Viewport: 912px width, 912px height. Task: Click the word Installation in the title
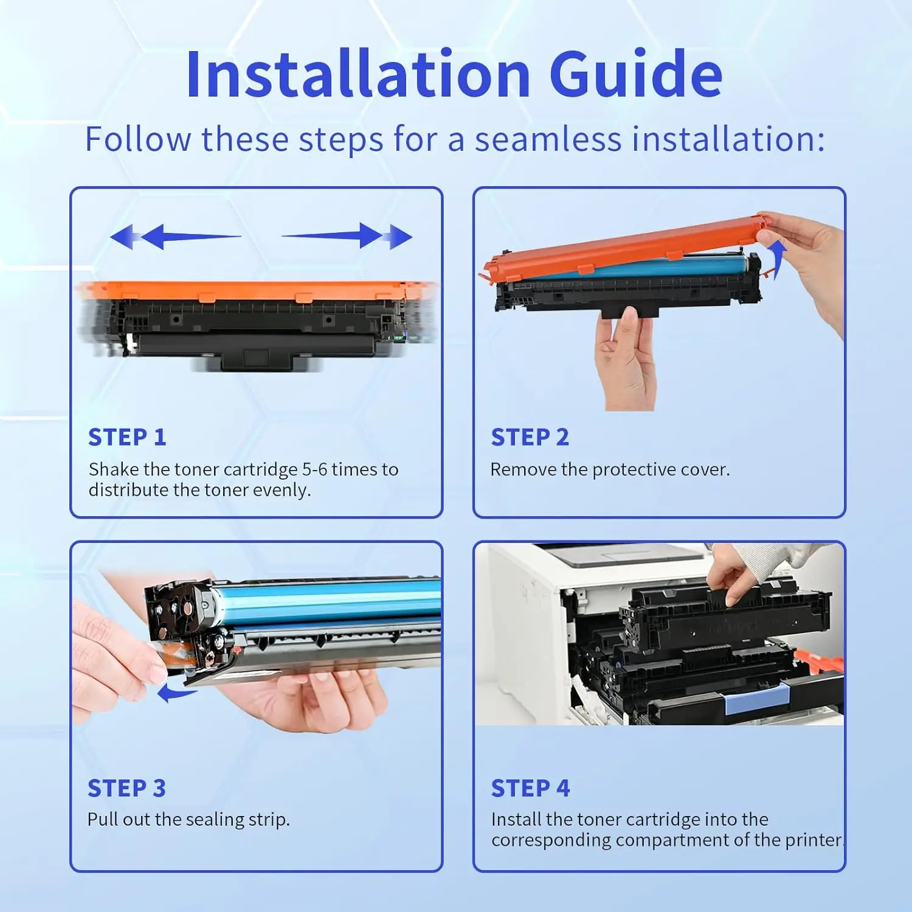(x=359, y=75)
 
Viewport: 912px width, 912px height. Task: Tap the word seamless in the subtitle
(x=548, y=139)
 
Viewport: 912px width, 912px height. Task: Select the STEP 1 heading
(x=127, y=437)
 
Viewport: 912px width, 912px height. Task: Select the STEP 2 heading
(x=530, y=437)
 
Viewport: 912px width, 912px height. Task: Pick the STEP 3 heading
(x=126, y=788)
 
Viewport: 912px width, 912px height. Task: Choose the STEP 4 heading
(x=530, y=788)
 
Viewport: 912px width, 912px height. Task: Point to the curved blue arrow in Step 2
(x=776, y=257)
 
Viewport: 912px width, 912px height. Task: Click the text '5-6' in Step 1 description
(x=314, y=469)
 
